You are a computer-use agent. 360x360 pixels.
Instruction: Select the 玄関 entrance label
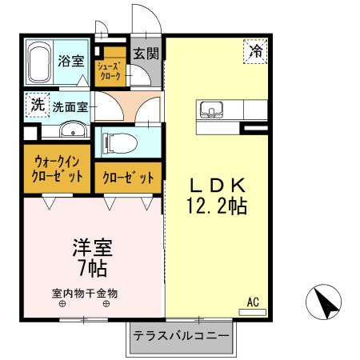[x=146, y=54]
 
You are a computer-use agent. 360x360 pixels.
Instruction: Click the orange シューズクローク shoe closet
[x=109, y=72]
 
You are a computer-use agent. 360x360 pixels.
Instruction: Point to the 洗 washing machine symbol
[x=37, y=103]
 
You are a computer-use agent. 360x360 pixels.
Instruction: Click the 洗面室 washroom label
[x=70, y=105]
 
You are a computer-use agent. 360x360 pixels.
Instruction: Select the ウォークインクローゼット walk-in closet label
[x=57, y=169]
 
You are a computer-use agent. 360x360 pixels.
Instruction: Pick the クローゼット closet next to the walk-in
[x=128, y=178]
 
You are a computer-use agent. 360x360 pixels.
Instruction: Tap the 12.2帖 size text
[x=215, y=206]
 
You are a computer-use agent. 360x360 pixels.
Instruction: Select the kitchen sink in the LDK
[x=212, y=109]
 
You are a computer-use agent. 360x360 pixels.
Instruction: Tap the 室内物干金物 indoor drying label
[x=85, y=294]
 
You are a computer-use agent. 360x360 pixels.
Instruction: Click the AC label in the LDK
[x=253, y=302]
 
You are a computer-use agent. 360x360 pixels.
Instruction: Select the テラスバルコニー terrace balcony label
[x=182, y=336]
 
